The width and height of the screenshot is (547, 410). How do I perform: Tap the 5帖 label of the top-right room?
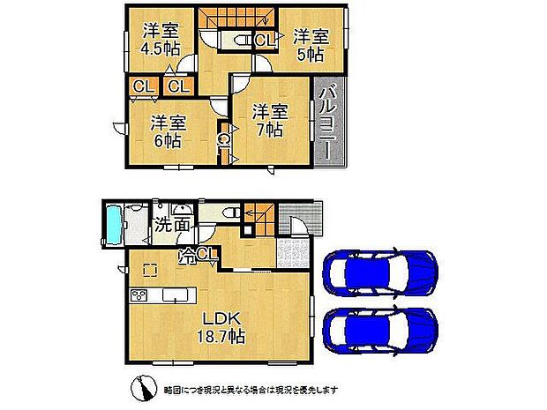point(310,54)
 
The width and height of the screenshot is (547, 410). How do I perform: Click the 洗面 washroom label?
point(172,225)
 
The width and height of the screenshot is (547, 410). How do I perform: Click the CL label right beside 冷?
point(207,256)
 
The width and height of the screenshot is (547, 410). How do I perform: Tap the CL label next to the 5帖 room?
point(264,40)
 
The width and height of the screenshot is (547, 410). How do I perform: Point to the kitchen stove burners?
point(139,294)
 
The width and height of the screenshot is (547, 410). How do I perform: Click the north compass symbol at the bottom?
point(141,389)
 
